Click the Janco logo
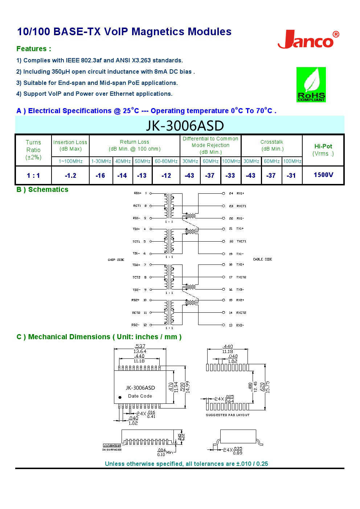point(308,40)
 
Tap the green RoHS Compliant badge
point(311,85)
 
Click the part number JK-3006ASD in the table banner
point(185,126)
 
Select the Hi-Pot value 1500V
point(323,175)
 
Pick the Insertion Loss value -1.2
point(70,176)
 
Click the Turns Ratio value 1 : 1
point(33,176)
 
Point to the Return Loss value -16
point(100,176)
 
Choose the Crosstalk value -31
point(291,176)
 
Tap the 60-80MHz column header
point(166,161)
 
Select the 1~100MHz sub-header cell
point(70,161)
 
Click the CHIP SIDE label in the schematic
point(116,260)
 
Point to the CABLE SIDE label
point(262,259)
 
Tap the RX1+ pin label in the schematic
point(240,193)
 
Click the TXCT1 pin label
point(241,241)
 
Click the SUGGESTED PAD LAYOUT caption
point(228,415)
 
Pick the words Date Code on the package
point(140,396)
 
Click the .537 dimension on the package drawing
point(140,346)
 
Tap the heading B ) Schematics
point(42,189)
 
